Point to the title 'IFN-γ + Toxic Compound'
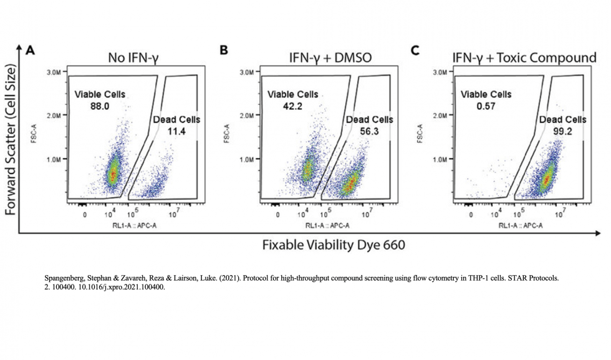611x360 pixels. tap(524, 59)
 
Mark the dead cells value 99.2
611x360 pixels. tap(562, 131)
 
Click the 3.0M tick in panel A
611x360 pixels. tap(54, 73)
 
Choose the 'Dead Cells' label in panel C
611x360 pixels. tap(562, 120)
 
